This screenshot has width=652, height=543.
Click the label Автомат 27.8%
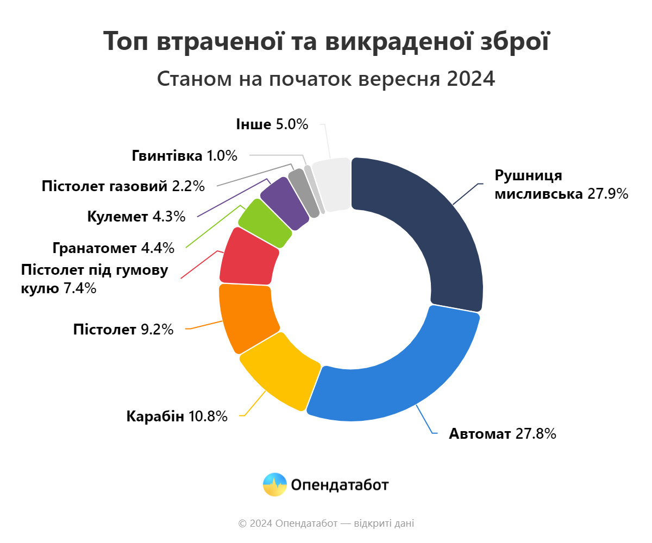point(502,434)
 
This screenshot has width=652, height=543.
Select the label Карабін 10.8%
point(177,417)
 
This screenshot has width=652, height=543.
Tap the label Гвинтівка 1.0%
point(185,156)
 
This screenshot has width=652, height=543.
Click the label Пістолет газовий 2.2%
point(123,186)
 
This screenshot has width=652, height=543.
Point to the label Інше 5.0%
point(272,124)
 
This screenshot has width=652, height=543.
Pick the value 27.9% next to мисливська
point(607,193)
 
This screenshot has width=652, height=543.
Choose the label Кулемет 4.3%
point(136,217)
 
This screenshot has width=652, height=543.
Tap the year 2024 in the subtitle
point(471,79)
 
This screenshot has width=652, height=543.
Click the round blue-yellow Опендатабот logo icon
point(274,484)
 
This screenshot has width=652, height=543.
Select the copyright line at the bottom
point(326,523)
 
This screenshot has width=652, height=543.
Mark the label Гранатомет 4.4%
point(114,248)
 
